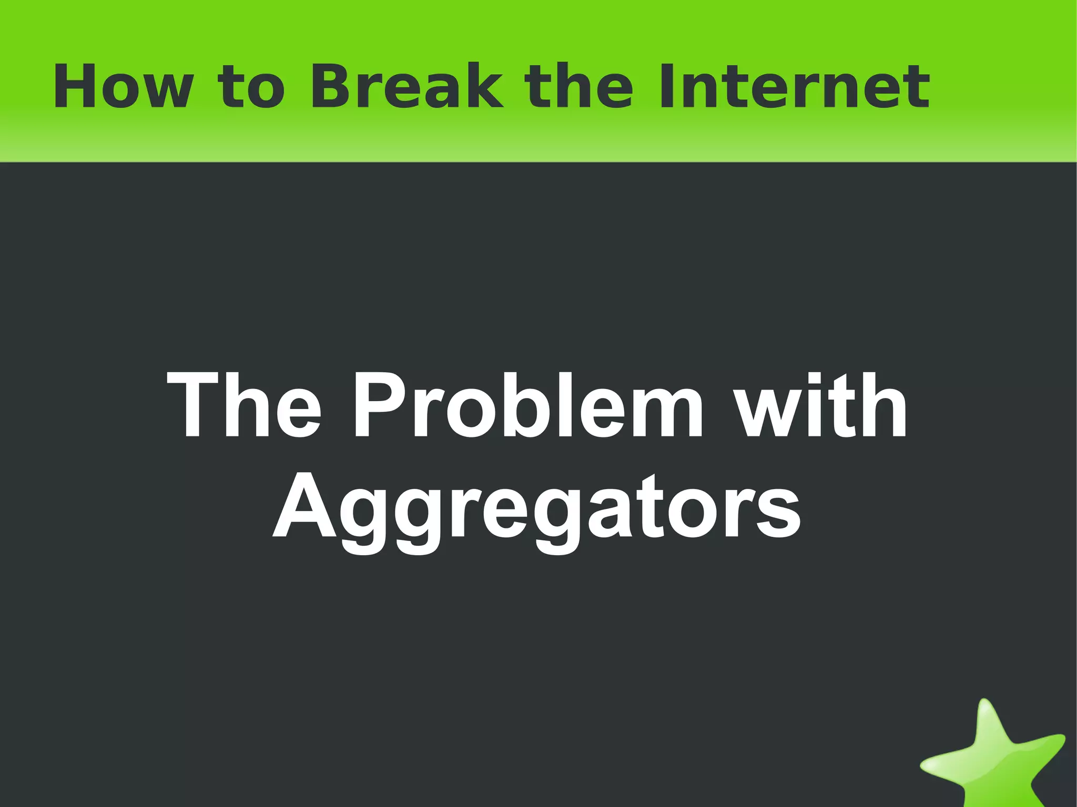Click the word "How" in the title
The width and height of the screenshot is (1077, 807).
click(x=122, y=87)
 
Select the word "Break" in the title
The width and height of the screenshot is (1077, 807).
click(x=407, y=87)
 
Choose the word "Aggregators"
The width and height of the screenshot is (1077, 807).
click(x=537, y=507)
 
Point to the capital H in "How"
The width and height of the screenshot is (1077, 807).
click(x=72, y=87)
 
